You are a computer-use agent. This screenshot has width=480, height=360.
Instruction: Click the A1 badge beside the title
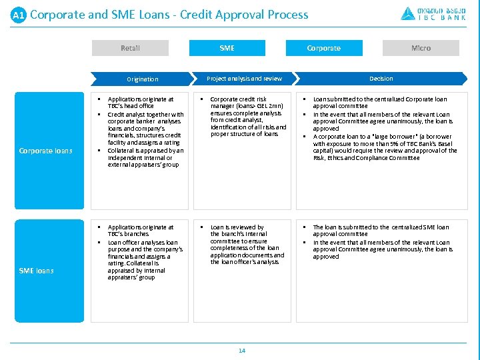click(18, 15)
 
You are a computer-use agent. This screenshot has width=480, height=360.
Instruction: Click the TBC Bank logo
click(433, 13)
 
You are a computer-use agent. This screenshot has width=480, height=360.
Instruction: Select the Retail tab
click(130, 48)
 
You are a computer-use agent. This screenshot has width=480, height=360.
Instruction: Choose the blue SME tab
click(227, 48)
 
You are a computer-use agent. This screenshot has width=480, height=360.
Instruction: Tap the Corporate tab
click(323, 48)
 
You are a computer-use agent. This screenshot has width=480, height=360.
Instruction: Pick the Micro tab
click(421, 48)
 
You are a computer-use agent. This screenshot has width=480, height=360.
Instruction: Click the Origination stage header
click(143, 79)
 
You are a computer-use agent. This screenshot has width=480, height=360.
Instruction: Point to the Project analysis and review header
click(244, 79)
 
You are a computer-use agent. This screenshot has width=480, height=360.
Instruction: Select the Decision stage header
click(381, 79)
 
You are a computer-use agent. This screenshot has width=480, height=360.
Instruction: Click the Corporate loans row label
click(45, 151)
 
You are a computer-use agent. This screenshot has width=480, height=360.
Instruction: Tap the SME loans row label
click(37, 271)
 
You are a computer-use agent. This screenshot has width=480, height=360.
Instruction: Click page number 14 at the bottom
click(242, 351)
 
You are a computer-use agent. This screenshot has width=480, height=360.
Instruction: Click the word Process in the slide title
click(286, 15)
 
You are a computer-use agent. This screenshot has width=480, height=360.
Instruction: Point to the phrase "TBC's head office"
click(131, 106)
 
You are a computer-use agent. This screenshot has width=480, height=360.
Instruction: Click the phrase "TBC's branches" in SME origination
click(128, 234)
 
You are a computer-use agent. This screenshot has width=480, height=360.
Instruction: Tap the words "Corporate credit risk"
click(238, 99)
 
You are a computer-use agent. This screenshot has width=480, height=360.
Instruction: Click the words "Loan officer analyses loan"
click(143, 243)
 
